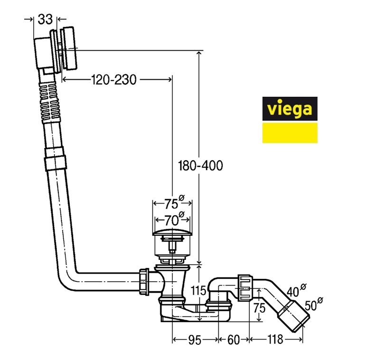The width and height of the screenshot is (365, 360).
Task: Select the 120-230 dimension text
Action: coord(114,80)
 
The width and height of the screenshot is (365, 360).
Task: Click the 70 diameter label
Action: coord(172,220)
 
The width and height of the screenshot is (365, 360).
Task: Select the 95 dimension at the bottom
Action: coord(195,340)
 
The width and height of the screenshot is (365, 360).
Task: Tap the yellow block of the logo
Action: coord(290,133)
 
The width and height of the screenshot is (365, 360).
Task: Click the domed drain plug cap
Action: coord(171,233)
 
